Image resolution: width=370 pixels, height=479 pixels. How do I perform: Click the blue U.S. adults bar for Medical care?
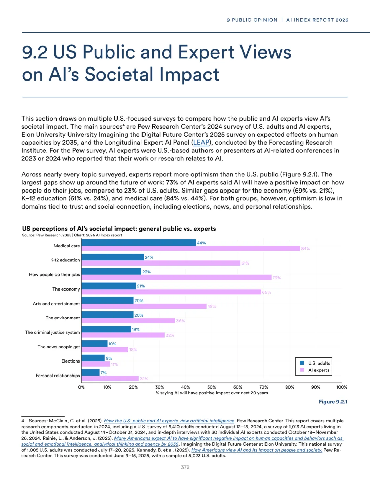pos(139,243)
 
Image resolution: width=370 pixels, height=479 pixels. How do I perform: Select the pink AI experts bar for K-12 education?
pos(161,263)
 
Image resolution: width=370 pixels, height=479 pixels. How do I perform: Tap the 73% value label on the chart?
pos(276,278)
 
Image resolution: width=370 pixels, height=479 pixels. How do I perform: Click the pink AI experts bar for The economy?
pos(171,292)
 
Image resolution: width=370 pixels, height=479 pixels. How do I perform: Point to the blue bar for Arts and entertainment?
pos(108,300)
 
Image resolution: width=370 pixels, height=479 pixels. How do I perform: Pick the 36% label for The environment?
pos(180,321)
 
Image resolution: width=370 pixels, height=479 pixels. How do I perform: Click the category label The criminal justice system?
pos(52,332)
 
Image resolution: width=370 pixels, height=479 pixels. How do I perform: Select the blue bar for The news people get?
pos(95,344)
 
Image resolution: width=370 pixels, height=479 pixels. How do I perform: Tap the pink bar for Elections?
pos(96,364)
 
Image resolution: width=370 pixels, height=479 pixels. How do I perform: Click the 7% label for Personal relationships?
pos(103,373)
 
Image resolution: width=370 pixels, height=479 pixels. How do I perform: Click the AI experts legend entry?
pos(318,370)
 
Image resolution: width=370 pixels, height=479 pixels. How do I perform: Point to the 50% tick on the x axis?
pos(212,387)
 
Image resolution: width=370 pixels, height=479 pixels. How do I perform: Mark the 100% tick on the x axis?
pos(342,387)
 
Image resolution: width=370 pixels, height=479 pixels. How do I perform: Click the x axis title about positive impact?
pos(212,393)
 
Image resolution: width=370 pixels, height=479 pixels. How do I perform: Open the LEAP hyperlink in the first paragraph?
pos(201,143)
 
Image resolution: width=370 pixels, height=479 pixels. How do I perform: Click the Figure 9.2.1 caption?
pos(333,402)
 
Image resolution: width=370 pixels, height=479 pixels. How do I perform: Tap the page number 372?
pos(185,467)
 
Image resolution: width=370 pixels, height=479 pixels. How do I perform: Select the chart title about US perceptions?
pos(119,229)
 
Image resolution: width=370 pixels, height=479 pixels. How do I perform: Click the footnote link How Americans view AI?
pos(257,450)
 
